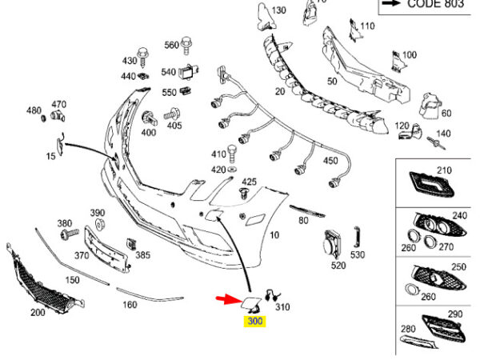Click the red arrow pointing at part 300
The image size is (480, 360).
tap(229, 299)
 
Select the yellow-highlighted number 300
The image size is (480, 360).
tap(254, 321)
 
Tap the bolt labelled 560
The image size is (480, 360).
tap(186, 46)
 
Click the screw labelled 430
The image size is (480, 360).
tap(143, 58)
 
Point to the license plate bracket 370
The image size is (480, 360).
tap(106, 250)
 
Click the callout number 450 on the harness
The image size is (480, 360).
tap(330, 161)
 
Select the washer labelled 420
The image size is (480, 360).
tap(232, 169)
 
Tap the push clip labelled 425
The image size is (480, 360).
tap(244, 194)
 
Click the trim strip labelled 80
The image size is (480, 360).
tap(307, 211)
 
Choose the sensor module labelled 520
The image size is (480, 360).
tap(332, 245)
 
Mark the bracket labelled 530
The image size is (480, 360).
tap(357, 237)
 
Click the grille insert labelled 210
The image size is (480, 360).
tap(432, 184)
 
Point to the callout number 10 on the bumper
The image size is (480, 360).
tap(274, 235)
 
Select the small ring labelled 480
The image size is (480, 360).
tap(44, 118)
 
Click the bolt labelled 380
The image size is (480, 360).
tap(70, 234)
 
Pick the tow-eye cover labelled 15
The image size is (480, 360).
tap(60, 145)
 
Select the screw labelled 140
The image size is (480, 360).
tap(437, 143)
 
